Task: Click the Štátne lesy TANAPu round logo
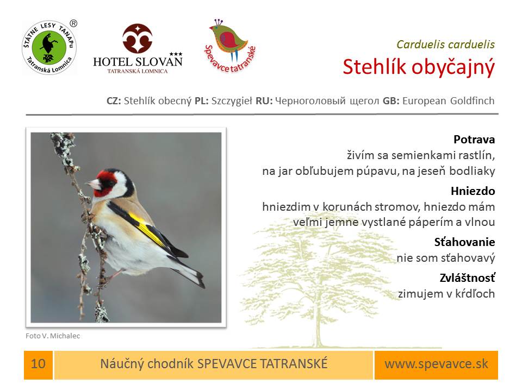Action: tap(49, 47)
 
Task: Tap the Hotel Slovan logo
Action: tap(138, 48)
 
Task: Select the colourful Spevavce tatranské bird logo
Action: tap(230, 46)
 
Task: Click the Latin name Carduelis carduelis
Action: tap(445, 45)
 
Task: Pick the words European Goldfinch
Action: tap(449, 101)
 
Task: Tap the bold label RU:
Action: tap(264, 101)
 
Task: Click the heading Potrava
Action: tap(474, 140)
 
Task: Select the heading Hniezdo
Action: tap(473, 191)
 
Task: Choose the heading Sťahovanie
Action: tap(464, 242)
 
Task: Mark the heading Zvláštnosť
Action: tap(468, 278)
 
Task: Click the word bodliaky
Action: tap(472, 171)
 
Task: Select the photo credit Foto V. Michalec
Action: tap(53, 336)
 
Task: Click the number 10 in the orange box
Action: tap(38, 364)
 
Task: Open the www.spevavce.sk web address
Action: tap(436, 364)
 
